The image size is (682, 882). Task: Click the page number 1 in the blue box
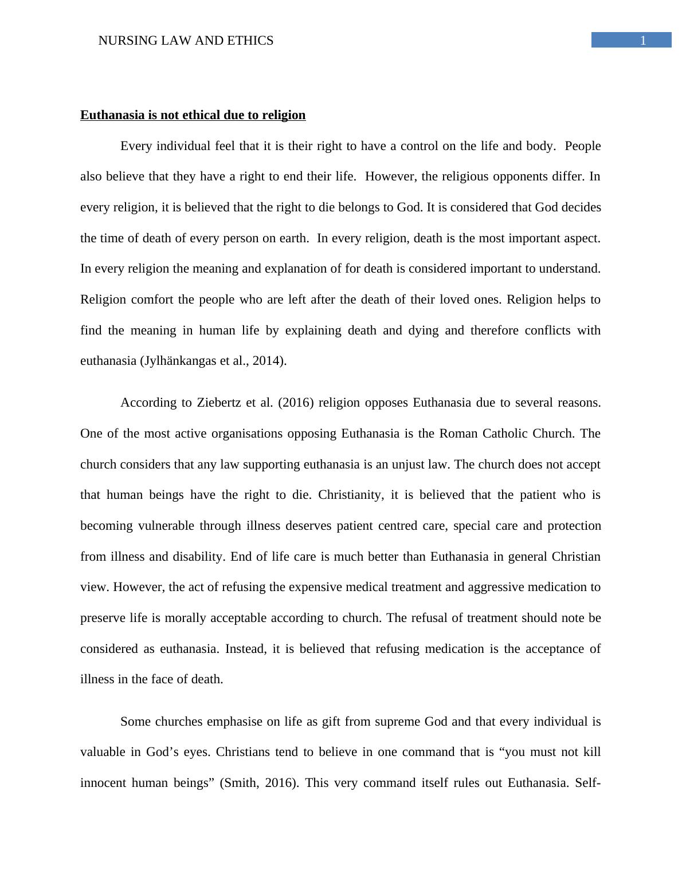643,40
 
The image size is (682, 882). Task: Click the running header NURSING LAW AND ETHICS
186,41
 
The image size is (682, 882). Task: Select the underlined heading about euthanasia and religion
193,115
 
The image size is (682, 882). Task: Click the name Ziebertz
220,403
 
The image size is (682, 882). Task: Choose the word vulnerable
164,526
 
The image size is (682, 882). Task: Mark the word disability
198,557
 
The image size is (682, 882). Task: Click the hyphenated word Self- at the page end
587,783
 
